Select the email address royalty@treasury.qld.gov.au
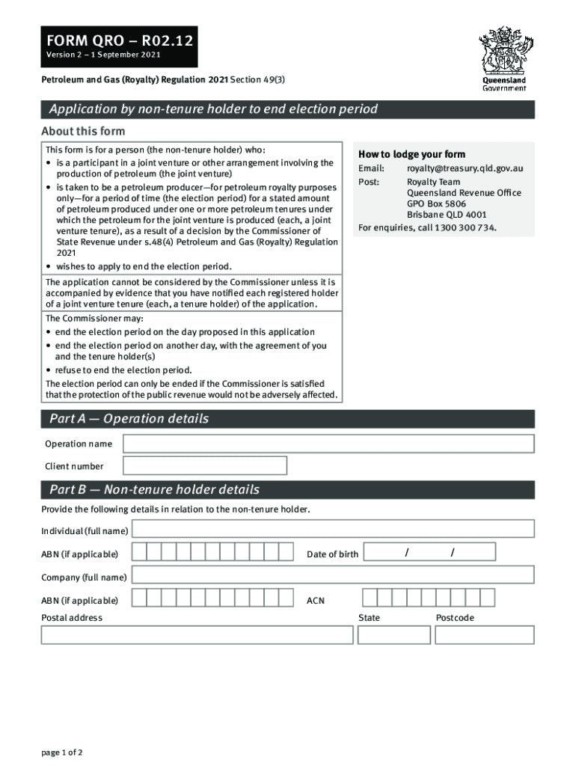point(465,168)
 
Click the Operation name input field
point(328,444)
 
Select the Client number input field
point(204,466)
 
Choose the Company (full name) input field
point(332,575)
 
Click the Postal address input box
point(197,635)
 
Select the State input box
point(393,635)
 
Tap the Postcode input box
point(484,635)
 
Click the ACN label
point(316,601)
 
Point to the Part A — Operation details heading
point(129,419)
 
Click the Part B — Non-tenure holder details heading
point(154,490)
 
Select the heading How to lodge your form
point(411,154)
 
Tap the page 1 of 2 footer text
point(62,753)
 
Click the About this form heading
point(82,132)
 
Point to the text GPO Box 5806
point(436,203)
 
